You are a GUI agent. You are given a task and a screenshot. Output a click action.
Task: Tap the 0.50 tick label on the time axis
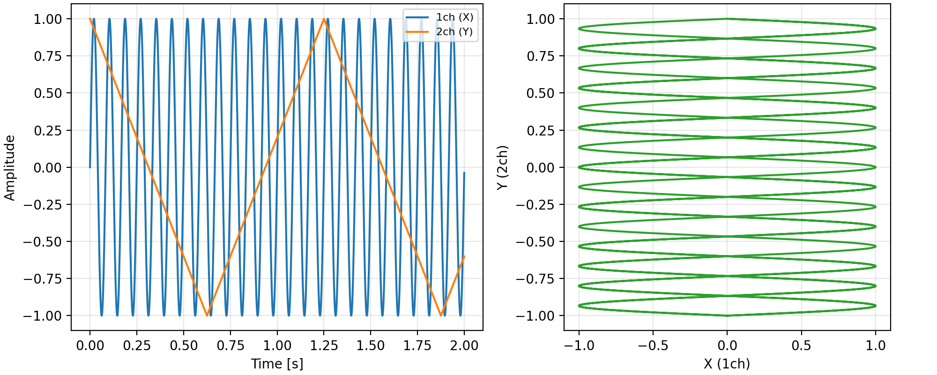[x=184, y=346]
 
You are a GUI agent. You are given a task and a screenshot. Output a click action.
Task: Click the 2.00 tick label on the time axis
[x=464, y=346]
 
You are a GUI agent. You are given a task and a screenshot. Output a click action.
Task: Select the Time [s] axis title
[x=277, y=364]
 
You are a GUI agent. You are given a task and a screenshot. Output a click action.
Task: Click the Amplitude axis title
[x=10, y=167]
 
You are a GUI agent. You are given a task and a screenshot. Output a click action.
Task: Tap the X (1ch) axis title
[x=727, y=364]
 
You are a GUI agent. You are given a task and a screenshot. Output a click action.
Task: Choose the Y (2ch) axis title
[x=502, y=167]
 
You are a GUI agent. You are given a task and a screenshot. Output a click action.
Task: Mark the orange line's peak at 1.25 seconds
[x=324, y=19]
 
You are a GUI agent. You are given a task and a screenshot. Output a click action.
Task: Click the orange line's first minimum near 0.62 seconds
[x=207, y=315]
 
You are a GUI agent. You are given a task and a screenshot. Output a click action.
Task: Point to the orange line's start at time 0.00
[x=90, y=19]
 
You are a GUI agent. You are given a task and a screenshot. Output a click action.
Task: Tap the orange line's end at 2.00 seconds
[x=464, y=256]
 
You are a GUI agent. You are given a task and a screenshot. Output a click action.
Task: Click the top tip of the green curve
[x=727, y=19]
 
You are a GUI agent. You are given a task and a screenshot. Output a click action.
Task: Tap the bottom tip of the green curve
[x=727, y=315]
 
